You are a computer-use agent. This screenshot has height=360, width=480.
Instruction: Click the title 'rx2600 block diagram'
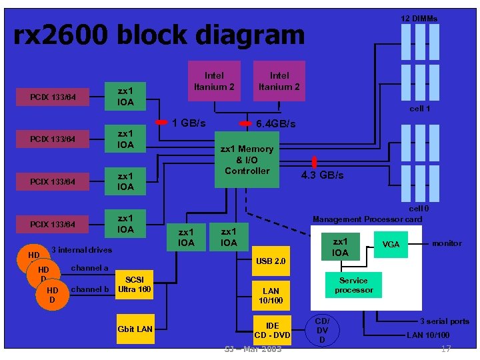(159, 35)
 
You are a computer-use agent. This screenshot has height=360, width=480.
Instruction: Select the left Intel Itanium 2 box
(214, 81)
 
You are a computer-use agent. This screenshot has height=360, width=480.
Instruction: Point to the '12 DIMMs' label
(419, 18)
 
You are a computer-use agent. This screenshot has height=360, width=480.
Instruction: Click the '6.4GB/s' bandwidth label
(276, 124)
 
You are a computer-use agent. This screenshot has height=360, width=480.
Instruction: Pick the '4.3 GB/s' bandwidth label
(323, 175)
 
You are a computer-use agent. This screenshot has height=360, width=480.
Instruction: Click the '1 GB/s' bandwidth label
(189, 123)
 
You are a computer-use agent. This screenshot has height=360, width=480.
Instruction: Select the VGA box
(391, 245)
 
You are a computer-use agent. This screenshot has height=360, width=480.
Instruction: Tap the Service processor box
(353, 285)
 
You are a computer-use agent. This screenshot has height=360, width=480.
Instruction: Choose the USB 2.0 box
(271, 261)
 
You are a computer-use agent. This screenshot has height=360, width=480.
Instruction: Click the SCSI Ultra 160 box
(135, 284)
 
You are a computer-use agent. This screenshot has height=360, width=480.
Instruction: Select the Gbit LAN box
(135, 329)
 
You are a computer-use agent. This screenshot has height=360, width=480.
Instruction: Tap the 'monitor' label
(446, 243)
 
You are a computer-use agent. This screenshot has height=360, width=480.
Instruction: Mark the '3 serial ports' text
(444, 321)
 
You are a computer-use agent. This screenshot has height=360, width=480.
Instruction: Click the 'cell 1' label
(419, 108)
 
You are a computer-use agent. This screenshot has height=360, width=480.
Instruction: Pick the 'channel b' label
(89, 289)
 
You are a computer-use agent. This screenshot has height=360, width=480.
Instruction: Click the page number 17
(446, 349)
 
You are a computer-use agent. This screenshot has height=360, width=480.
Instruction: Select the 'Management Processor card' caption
(367, 219)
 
